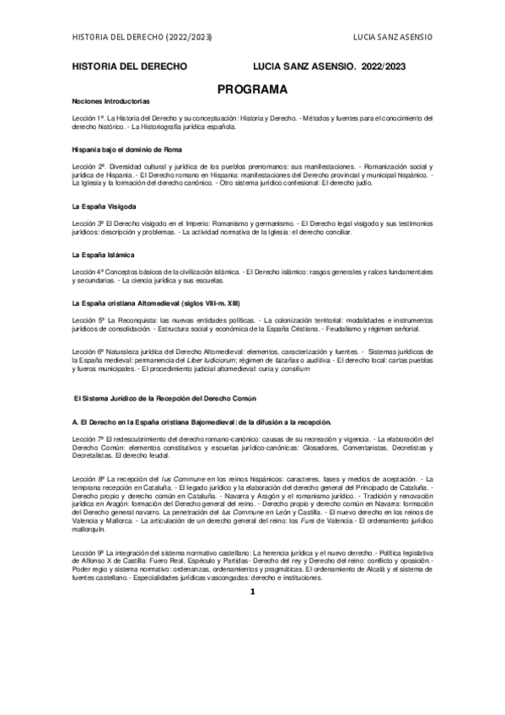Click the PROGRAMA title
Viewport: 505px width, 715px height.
click(x=252, y=87)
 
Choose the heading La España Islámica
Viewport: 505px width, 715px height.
click(x=99, y=254)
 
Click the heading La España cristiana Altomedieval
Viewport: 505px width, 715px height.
click(x=158, y=301)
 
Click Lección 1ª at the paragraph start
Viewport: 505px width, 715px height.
click(x=88, y=118)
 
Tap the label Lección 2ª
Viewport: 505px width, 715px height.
click(x=88, y=166)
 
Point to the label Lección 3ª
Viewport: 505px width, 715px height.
click(x=88, y=223)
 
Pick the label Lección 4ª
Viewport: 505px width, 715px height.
click(x=88, y=271)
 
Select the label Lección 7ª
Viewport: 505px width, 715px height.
click(x=88, y=438)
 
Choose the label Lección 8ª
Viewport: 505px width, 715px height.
click(x=88, y=478)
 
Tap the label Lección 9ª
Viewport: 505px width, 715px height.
click(x=88, y=550)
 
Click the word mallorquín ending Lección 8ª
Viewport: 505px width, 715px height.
click(x=89, y=532)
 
